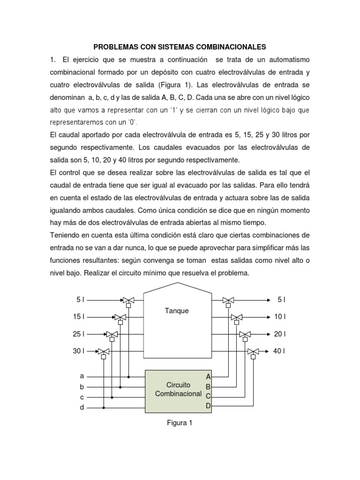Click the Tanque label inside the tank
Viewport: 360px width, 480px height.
point(177,311)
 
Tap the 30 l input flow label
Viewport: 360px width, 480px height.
point(78,351)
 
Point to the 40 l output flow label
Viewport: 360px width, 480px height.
point(280,351)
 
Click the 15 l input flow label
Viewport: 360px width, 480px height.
point(78,317)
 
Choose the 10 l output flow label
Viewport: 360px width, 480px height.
point(280,317)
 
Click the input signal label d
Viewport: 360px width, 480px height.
point(82,407)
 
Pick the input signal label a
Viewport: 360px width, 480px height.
point(82,376)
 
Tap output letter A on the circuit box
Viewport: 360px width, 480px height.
point(209,376)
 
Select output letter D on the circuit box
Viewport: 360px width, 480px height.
point(209,406)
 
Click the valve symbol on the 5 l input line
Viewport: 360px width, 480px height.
point(128,300)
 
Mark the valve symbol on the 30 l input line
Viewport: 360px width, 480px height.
point(104,351)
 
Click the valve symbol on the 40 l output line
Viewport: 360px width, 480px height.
point(253,351)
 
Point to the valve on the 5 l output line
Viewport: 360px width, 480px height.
point(228,300)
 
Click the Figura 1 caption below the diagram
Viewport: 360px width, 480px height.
point(180,423)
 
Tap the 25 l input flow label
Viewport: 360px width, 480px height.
point(78,334)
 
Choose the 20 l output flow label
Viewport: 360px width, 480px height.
point(280,334)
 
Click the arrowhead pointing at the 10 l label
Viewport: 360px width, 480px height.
point(268,317)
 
